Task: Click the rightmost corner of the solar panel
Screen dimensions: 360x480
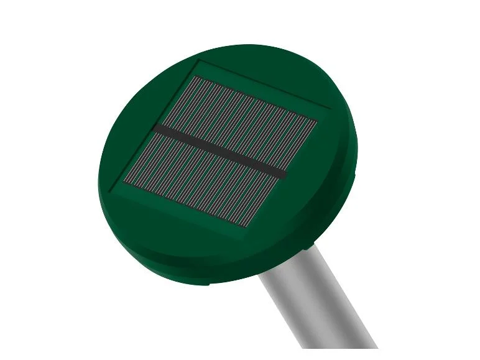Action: (318, 121)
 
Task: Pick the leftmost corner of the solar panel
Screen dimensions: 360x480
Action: (124, 183)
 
